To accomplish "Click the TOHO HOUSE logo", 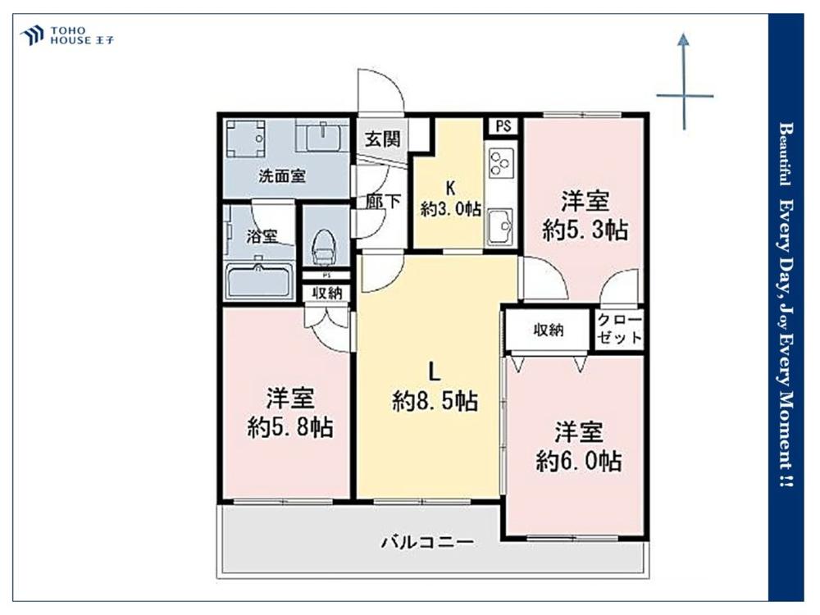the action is tap(66, 35).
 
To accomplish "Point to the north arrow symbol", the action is tap(685, 81).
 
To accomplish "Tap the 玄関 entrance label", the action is tap(383, 139).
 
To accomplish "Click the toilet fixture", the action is tap(322, 249).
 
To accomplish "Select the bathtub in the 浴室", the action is tap(257, 281).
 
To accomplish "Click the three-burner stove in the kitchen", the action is tap(501, 162).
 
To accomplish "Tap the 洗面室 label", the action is tap(282, 176).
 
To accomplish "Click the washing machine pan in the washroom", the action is tap(245, 139).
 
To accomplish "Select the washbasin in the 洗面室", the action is tap(322, 138).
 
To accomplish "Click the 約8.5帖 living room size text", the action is tap(435, 402).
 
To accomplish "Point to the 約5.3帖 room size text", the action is tap(585, 230).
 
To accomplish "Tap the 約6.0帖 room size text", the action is tap(578, 461).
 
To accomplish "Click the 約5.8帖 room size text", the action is tap(290, 428).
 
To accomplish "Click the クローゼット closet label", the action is tap(619, 330).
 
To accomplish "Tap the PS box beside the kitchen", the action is tap(503, 126).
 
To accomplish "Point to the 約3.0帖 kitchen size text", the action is tap(451, 209).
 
